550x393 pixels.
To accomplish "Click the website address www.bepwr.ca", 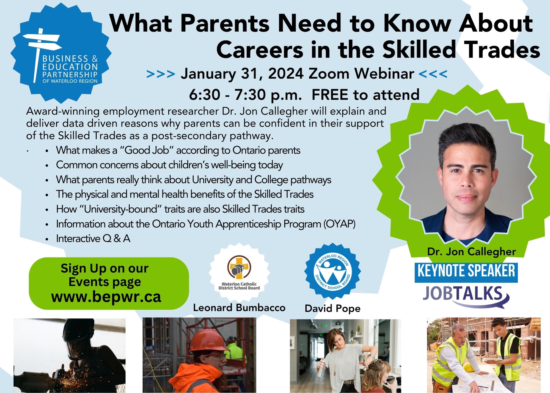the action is click(x=106, y=297).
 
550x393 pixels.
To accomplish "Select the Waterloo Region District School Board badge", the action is click(x=332, y=271).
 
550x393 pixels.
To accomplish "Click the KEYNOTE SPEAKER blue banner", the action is click(x=466, y=272).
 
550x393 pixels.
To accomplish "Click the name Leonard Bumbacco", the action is click(x=239, y=308).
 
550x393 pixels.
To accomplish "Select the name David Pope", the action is click(x=332, y=309).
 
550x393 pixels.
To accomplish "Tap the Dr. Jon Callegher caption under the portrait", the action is click(x=471, y=252).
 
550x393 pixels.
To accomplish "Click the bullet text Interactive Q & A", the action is click(x=93, y=239).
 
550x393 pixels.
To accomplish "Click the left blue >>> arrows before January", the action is click(x=161, y=74).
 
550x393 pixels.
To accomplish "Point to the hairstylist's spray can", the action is click(x=321, y=368).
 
